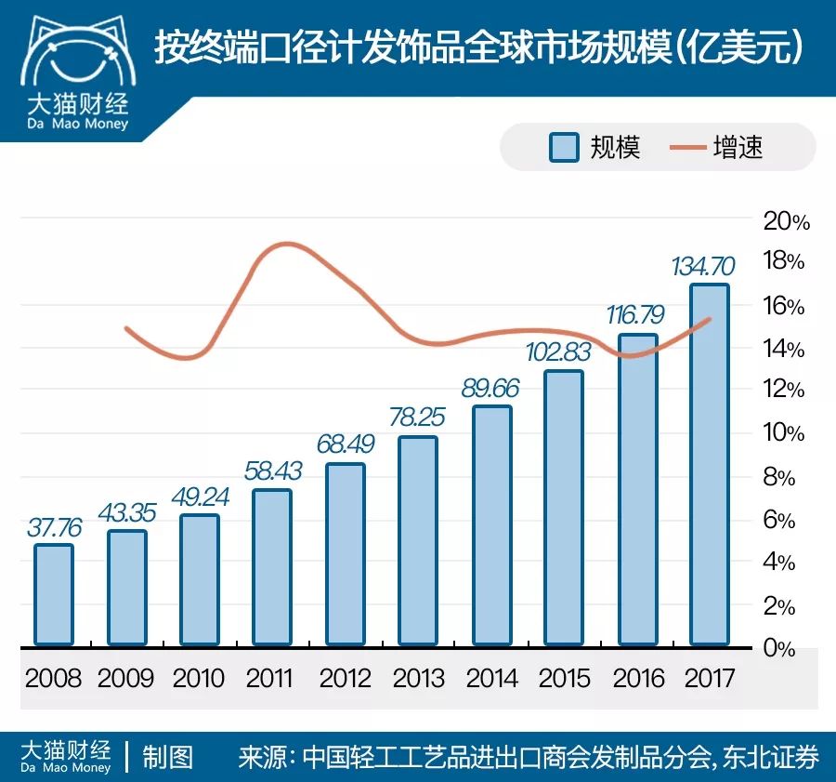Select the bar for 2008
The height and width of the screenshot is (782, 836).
pos(54,595)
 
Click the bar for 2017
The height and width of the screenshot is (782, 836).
pos(709,465)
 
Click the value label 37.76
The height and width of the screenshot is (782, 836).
pos(53,527)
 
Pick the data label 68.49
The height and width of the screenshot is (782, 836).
pos(345,445)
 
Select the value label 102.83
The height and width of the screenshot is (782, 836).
pos(564,353)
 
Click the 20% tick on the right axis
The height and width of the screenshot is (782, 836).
pos(785,221)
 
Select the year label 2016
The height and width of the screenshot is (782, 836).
pos(637,678)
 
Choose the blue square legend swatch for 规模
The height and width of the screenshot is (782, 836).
pos(563,147)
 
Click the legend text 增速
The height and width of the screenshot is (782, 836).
pos(738,147)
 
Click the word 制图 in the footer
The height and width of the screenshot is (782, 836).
pos(167,757)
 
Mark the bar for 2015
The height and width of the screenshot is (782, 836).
pos(564,508)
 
